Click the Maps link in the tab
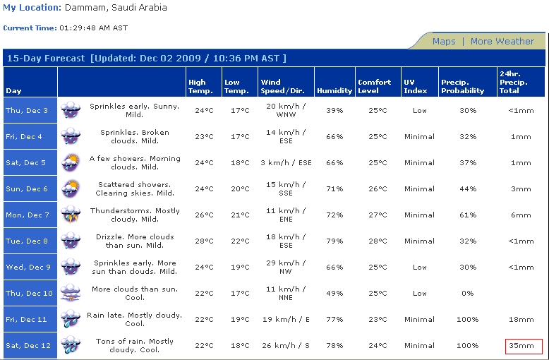pos(444,42)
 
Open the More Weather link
pos(502,42)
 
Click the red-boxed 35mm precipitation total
pos(521,346)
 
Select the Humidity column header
pos(334,90)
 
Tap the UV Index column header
pos(415,87)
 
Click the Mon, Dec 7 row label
pos(28,215)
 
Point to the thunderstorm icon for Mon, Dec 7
pos(71,215)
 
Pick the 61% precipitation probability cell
pos(468,215)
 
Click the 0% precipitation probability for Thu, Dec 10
pos(468,294)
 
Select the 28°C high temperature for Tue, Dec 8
pos(204,241)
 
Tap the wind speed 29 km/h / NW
pos(286,268)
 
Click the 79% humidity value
pos(334,241)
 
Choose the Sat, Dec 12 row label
pos(28,346)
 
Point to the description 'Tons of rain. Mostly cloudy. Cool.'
pos(135,346)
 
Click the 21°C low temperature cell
pos(240,215)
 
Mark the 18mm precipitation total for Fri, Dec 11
pos(521,319)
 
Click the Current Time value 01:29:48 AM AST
pos(93,28)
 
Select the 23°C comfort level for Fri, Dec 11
pos(378,319)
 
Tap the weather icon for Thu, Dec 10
pos(71,293)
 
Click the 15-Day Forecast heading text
pos(46,58)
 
